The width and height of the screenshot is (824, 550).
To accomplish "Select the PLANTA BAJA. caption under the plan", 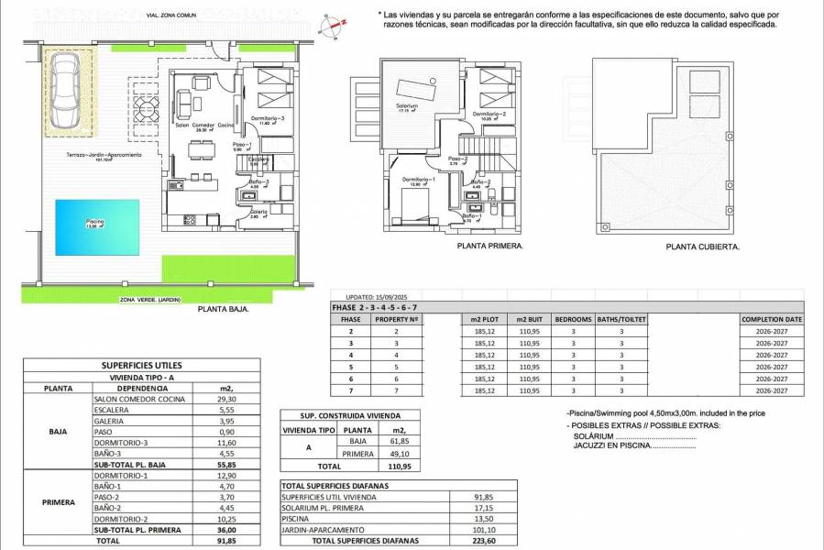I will coord(224,310).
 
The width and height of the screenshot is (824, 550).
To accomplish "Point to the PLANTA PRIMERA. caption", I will coord(489,247).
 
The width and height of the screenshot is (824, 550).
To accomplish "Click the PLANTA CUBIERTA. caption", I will coord(703,247).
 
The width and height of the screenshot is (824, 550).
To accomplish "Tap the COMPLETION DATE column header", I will coord(771,319).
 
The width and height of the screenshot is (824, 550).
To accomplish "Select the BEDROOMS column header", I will coord(574,319).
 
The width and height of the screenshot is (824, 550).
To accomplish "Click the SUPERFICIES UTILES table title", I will coord(139,365).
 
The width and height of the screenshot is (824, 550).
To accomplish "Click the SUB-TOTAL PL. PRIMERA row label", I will coord(137,530).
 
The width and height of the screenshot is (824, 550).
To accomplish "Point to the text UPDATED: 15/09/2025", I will coord(385,297).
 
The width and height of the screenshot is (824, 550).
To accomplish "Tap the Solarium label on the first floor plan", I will coord(407,106).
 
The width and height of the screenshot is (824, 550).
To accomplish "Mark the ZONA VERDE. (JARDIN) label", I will coord(149,300).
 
